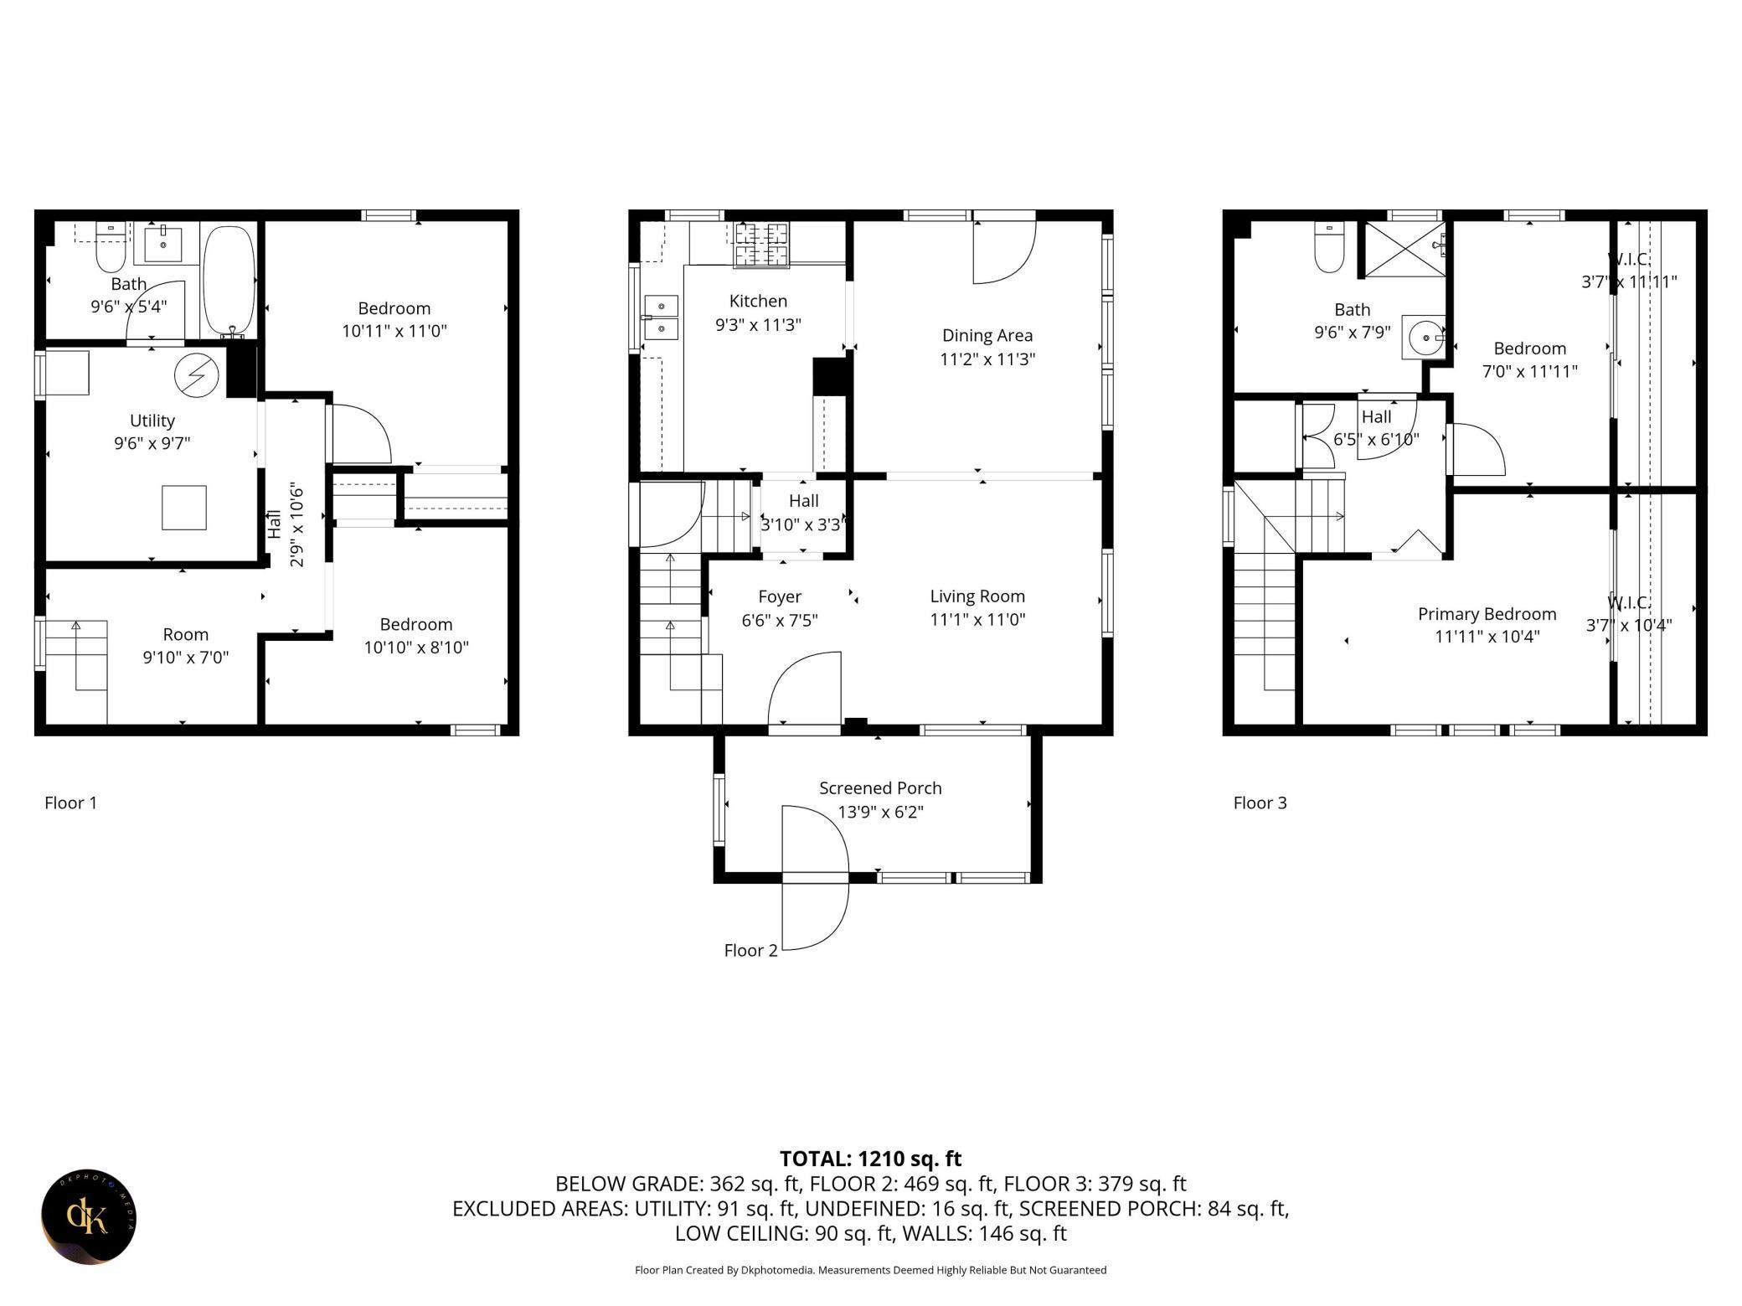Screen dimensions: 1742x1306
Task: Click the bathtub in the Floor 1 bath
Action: point(229,280)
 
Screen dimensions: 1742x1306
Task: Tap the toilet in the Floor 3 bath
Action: point(1329,246)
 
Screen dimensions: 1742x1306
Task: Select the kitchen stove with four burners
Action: point(761,245)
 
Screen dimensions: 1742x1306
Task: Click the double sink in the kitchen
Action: point(661,317)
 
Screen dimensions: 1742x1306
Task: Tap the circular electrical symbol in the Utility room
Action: point(196,375)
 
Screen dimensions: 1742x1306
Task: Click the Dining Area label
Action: point(987,335)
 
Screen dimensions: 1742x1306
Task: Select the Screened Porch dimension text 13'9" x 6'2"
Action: point(880,812)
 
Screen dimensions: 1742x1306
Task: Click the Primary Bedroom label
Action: point(1487,614)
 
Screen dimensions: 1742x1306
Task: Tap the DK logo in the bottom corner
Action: point(89,1217)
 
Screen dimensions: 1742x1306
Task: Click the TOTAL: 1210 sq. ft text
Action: point(870,1159)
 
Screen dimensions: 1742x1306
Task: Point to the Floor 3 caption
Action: point(1260,803)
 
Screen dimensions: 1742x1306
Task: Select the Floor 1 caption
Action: point(70,803)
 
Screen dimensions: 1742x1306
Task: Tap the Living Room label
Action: point(977,596)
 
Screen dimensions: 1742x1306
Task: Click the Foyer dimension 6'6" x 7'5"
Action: point(780,620)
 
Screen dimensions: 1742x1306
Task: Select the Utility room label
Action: point(152,420)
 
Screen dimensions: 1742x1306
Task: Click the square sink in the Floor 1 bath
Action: point(165,243)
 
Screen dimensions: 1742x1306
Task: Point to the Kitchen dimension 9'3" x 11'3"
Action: point(758,324)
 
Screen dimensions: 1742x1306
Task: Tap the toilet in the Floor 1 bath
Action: point(111,247)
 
